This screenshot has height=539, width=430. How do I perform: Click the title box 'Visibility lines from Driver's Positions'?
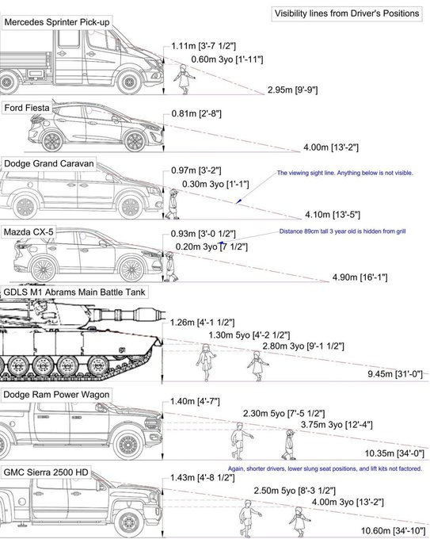(347, 13)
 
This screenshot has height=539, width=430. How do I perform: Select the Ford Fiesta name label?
(27, 108)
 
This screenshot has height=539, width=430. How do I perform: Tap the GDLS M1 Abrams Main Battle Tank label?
(74, 292)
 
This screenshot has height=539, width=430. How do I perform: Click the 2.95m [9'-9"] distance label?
(293, 90)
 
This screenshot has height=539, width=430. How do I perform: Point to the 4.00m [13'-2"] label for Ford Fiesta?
(331, 147)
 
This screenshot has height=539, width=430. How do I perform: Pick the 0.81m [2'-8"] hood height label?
(196, 114)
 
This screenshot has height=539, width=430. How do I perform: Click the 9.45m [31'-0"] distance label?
(395, 373)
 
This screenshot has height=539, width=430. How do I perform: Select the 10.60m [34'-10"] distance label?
(393, 531)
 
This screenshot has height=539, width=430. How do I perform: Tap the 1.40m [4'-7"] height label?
(195, 401)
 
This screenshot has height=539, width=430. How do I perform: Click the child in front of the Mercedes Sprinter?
(184, 79)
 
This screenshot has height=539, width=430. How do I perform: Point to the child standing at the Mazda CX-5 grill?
(169, 267)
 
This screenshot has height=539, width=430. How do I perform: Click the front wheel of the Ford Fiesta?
(135, 141)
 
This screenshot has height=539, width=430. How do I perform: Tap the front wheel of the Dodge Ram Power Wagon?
(129, 445)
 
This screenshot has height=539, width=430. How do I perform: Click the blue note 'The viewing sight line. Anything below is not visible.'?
(344, 173)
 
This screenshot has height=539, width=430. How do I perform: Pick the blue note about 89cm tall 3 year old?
(342, 231)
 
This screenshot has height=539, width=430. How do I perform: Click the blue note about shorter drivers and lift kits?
(325, 468)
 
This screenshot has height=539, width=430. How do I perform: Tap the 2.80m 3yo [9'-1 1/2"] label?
(303, 346)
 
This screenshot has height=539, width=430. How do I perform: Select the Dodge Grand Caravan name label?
(49, 163)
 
